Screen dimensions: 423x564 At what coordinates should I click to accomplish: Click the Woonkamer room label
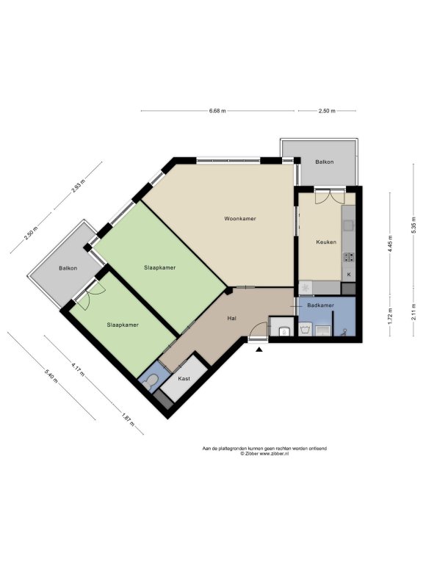pos(240,219)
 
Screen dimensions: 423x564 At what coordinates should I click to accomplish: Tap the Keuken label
pos(326,242)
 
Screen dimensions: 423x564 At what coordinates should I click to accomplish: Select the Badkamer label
pos(320,305)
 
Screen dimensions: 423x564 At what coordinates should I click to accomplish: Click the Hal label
pos(231,318)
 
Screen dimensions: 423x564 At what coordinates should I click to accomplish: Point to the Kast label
pos(184,379)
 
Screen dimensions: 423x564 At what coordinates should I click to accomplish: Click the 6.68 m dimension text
pos(217,111)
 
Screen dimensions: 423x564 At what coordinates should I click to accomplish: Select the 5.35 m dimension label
pos(413,227)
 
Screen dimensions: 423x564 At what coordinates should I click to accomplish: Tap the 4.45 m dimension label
pos(390,244)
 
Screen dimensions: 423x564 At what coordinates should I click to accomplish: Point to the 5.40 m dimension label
pos(51,376)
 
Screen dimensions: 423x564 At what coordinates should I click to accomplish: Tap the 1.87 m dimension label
pos(128,420)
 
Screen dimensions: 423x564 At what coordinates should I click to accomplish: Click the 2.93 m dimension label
pos(79,187)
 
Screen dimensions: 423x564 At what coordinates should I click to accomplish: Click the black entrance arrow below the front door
pos(259,349)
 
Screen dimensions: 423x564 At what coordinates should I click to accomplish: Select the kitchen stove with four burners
pos(349,257)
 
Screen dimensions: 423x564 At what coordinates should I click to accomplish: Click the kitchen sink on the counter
pos(348,225)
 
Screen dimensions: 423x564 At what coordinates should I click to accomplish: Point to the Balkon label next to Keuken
pos(325,162)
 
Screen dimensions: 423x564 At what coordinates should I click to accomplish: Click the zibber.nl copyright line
pos(264,454)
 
